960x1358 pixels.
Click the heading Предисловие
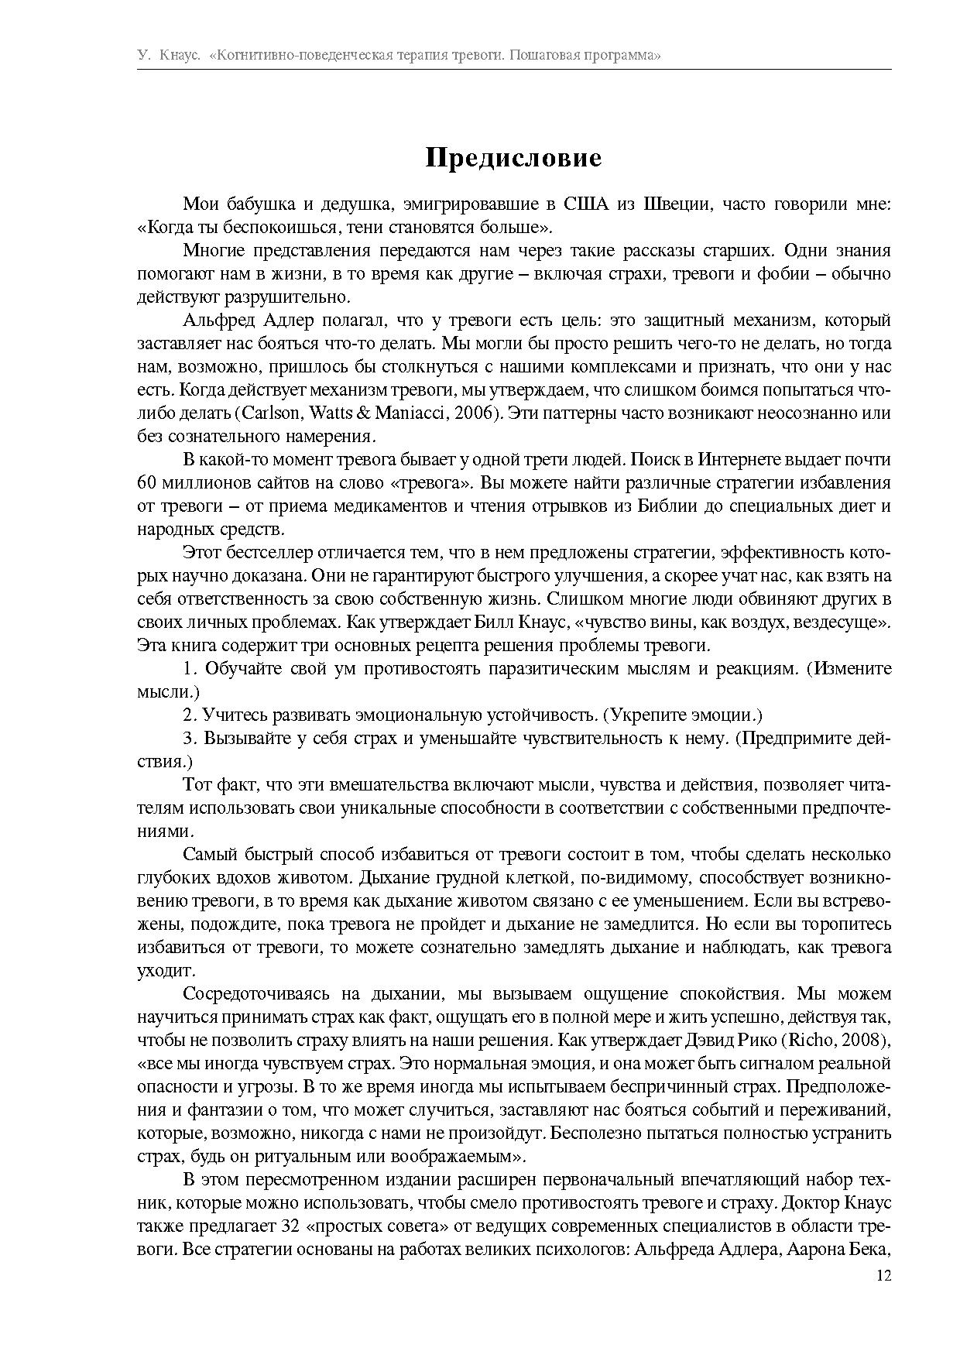tap(513, 157)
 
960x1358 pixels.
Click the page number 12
tap(883, 1275)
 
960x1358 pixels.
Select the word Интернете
tap(740, 460)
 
